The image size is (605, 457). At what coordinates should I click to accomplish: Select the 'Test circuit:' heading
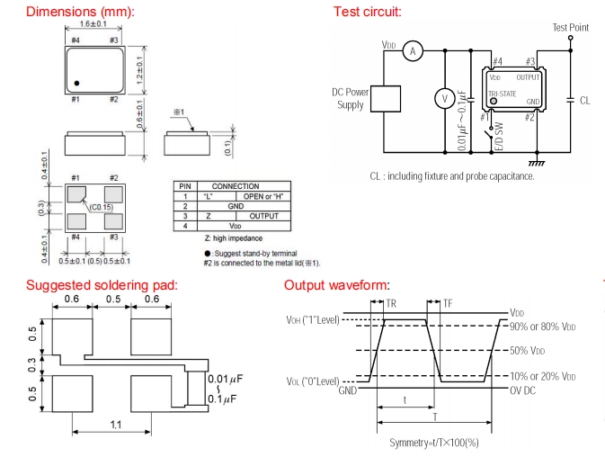tap(367, 12)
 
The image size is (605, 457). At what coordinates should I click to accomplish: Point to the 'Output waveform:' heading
tap(336, 285)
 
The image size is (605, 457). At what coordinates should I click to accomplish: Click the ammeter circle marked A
tap(413, 51)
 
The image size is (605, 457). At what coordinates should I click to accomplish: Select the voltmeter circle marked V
tap(442, 98)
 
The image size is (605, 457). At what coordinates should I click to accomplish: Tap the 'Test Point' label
tap(570, 28)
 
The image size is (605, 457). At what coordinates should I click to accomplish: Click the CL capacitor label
tap(585, 100)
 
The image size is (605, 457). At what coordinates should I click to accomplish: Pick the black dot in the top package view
tap(77, 83)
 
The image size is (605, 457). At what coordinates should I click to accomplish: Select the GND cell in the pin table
tap(236, 205)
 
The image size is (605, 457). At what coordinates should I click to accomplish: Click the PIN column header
tap(184, 185)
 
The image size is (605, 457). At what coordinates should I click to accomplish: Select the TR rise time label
tap(391, 304)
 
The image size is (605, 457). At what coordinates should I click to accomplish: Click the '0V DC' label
tap(524, 389)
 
